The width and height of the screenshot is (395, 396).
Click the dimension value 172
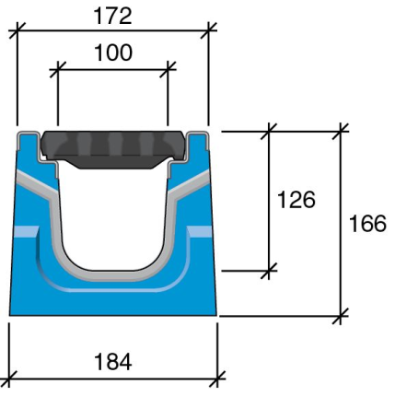point(113,15)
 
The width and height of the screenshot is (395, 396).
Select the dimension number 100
point(113,52)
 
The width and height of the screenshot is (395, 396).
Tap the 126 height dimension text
point(296,200)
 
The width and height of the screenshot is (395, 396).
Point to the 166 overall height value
point(368,223)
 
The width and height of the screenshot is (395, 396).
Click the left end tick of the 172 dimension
point(17,29)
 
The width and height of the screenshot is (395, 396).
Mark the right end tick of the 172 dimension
point(209,29)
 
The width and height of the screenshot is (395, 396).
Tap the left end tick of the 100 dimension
point(57,67)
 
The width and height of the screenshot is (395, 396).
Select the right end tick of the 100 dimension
point(168,67)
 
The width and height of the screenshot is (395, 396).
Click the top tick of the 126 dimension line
point(270,130)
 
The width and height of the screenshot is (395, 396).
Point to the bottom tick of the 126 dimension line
point(270,271)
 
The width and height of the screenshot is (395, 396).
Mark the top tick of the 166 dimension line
point(343,130)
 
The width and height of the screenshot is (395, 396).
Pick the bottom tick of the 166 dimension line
point(343,317)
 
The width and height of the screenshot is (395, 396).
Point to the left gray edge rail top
point(28,138)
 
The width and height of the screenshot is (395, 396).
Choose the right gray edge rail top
point(199,138)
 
